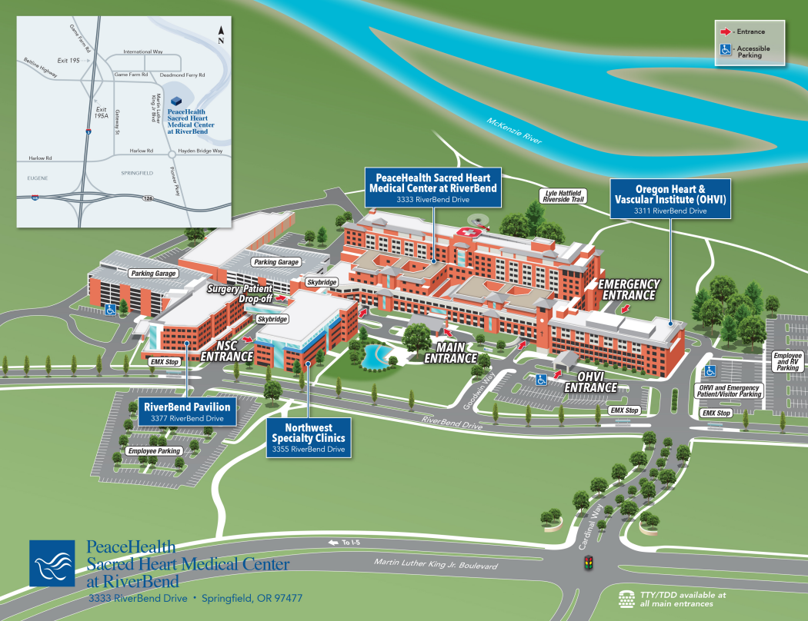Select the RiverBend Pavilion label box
pos(187,411)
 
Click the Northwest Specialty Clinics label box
pos(308,437)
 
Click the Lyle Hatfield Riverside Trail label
pos(564,196)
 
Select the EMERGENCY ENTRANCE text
pos(630,289)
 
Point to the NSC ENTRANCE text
pos(226,350)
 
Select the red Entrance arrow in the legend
pos(725,32)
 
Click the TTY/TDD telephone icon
pos(627,598)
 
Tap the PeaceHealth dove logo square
pos(53,563)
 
